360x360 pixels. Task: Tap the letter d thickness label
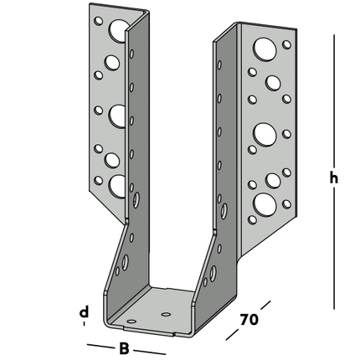click(84, 313)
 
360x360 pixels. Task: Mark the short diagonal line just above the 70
click(262, 302)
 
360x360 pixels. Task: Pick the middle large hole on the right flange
click(264, 132)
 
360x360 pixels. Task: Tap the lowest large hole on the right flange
click(264, 203)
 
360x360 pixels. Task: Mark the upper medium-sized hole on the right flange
click(273, 83)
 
